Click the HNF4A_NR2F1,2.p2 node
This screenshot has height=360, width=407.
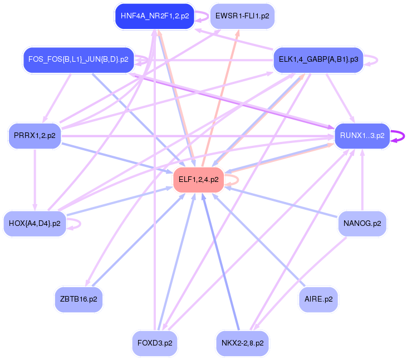(154, 16)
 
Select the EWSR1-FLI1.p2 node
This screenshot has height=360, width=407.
(242, 16)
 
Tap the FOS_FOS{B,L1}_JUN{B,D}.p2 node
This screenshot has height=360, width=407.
(78, 59)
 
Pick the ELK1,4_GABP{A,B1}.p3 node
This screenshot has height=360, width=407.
(318, 59)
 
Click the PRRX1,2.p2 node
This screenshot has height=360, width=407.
(35, 136)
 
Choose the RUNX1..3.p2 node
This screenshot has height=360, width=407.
(362, 136)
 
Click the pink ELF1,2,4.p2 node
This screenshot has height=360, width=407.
(198, 180)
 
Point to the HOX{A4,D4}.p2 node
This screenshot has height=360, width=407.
(35, 224)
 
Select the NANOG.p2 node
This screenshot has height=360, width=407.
(362, 224)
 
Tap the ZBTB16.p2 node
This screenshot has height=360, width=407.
(79, 299)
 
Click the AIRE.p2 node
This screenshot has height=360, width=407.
(318, 299)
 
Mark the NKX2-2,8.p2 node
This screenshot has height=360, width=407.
(242, 343)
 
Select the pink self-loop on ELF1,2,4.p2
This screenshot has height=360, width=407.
(238, 180)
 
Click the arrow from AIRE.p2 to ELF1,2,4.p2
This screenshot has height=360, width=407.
(262, 242)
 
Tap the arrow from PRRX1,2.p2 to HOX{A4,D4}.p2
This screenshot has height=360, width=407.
(35, 178)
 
